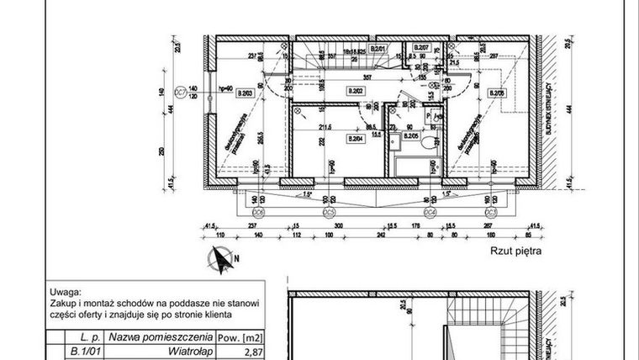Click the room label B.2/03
click(x=246, y=93)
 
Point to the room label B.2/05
click(x=411, y=135)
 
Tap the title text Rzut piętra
click(x=512, y=250)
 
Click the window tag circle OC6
click(x=260, y=214)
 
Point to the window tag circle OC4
click(x=429, y=214)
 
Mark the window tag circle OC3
click(x=490, y=214)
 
